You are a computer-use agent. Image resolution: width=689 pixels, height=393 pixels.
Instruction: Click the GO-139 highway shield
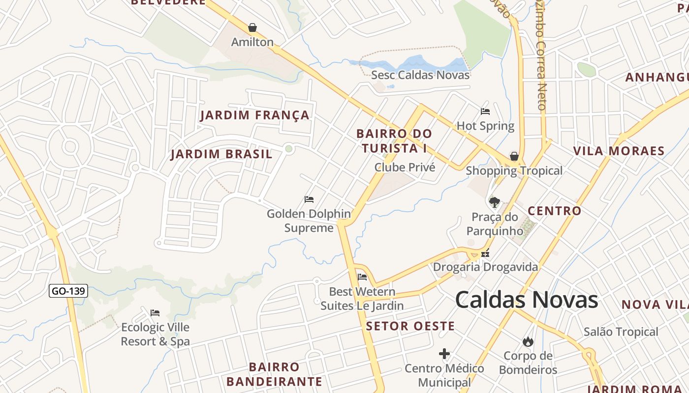pyautogui.click(x=68, y=291)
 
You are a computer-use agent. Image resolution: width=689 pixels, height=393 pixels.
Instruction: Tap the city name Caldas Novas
pyautogui.click(x=526, y=300)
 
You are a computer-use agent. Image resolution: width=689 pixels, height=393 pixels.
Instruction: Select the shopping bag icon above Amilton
pyautogui.click(x=252, y=28)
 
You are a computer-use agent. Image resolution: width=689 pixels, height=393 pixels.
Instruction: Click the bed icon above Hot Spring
pyautogui.click(x=485, y=112)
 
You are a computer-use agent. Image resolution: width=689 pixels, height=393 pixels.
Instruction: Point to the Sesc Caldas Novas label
pyautogui.click(x=420, y=75)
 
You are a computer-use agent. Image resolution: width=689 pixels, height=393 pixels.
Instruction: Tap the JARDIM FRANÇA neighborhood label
pyautogui.click(x=255, y=115)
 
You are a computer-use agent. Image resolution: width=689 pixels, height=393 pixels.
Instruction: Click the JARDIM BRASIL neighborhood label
pyautogui.click(x=221, y=154)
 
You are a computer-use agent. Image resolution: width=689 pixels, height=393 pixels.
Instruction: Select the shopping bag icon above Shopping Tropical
pyautogui.click(x=514, y=156)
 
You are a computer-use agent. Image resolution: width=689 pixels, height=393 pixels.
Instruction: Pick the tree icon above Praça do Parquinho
pyautogui.click(x=495, y=202)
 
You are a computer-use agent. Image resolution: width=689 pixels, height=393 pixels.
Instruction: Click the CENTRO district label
pyautogui.click(x=555, y=211)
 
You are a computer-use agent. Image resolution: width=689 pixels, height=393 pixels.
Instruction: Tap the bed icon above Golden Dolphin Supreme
pyautogui.click(x=309, y=199)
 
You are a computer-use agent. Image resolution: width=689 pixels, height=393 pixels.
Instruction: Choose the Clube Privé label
pyautogui.click(x=405, y=168)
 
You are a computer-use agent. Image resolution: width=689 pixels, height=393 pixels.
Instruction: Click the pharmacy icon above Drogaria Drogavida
pyautogui.click(x=486, y=254)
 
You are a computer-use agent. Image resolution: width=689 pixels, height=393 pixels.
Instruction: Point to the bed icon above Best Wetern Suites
pyautogui.click(x=362, y=277)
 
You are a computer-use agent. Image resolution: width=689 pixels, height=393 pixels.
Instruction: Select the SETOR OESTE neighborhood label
pyautogui.click(x=410, y=326)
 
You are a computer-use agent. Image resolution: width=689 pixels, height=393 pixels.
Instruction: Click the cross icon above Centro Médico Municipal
pyautogui.click(x=444, y=354)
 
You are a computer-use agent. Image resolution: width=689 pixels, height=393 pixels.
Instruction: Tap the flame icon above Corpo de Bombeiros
pyautogui.click(x=528, y=341)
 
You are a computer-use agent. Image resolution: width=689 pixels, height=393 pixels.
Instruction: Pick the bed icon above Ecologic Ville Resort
pyautogui.click(x=155, y=313)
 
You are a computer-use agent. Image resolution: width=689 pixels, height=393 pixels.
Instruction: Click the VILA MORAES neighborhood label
pyautogui.click(x=619, y=151)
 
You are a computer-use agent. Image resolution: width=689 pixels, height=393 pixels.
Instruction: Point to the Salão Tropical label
pyautogui.click(x=621, y=332)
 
